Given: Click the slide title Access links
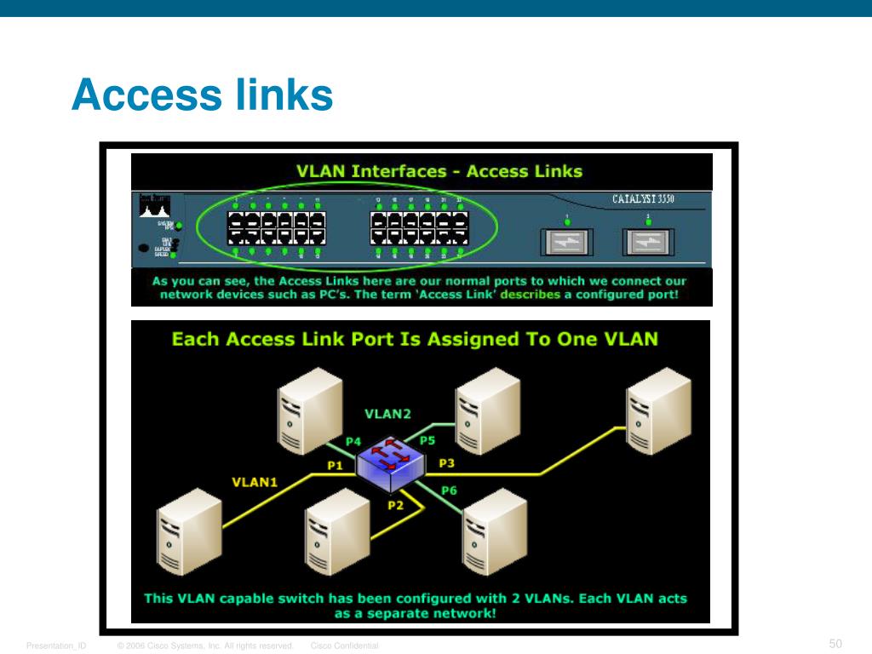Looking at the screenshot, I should coord(202,95).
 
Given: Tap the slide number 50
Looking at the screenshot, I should coord(835,643).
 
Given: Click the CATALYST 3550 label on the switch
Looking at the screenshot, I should coord(649,200).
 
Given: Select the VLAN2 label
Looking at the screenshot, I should coord(387,414).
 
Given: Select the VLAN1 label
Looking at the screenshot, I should coord(255,482).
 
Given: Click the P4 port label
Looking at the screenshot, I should coord(353,441).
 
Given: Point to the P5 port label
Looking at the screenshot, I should coord(427,440).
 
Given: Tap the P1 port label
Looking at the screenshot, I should coord(335,465).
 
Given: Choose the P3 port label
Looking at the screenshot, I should coord(446,462).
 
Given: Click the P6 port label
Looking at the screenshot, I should coord(449,490).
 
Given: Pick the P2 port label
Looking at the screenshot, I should coord(395,505).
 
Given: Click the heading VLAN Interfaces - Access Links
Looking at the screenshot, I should coord(439,171).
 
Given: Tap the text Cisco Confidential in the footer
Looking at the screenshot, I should coord(344,646).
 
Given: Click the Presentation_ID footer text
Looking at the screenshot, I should coord(55,646).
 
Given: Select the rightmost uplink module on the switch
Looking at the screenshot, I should coord(648,243).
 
